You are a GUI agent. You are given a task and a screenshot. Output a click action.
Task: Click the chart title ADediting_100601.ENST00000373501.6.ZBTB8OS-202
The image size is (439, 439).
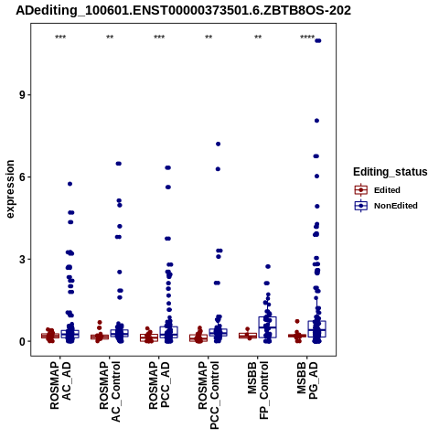coord(183,11)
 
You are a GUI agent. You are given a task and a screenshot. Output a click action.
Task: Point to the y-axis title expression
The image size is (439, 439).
coord(10,189)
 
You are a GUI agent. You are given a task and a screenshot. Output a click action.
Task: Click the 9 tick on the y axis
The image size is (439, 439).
coord(22,95)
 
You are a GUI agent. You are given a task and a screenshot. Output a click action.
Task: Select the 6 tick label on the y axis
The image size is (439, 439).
coord(22,177)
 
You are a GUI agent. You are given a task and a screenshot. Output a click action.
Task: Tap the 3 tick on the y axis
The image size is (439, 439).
coord(22,259)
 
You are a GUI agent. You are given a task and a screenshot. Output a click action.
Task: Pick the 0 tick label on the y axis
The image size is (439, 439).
coord(22,341)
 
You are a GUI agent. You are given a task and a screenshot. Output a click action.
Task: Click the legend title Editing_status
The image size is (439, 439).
coord(391,172)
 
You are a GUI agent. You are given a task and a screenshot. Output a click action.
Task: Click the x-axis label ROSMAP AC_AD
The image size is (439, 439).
coord(60,385)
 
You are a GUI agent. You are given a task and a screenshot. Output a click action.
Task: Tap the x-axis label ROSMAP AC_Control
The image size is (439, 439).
coord(110,391)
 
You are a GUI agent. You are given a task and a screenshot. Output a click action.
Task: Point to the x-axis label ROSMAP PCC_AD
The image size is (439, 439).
coord(159,385)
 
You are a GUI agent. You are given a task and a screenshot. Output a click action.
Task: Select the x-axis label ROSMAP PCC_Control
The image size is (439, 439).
coord(209,395)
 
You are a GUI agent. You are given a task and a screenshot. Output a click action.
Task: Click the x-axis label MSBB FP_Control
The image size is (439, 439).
coord(258,391)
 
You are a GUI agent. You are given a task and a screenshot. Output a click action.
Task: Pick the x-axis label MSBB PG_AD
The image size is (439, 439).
coord(307,380)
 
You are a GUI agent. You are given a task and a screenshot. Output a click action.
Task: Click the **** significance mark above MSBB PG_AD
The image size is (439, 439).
coord(307,37)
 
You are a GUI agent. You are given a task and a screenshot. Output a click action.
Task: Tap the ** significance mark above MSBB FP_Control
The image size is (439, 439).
coord(258,37)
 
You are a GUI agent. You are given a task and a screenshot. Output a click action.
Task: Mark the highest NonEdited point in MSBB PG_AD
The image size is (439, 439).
coord(318,41)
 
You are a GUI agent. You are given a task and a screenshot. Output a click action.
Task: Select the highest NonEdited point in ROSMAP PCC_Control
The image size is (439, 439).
coord(218,144)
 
